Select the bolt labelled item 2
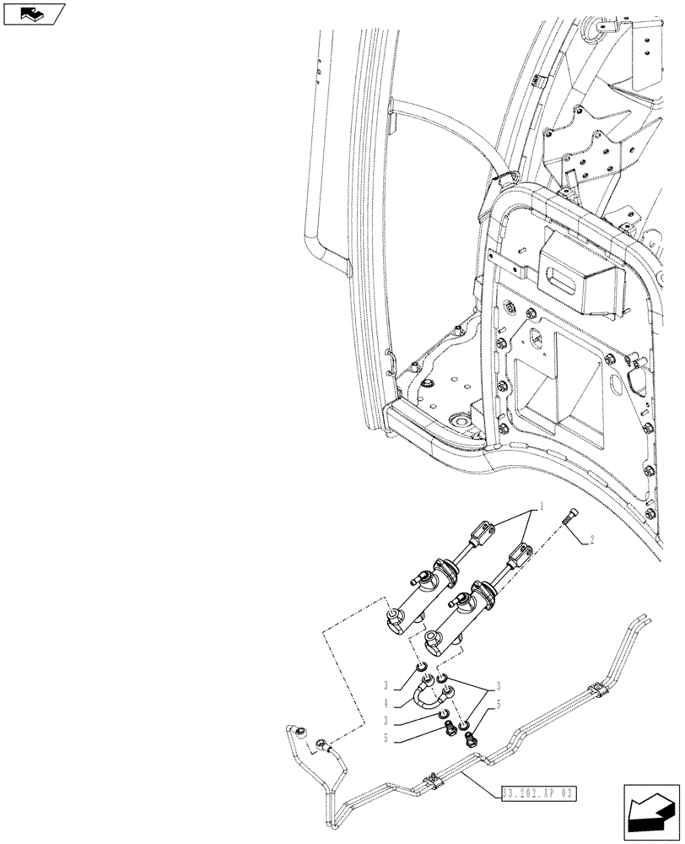click(x=573, y=519)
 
